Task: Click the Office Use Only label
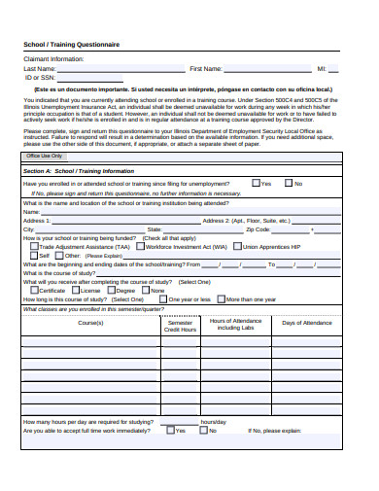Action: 45,156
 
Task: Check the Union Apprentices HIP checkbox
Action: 237,247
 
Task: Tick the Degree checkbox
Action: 111,290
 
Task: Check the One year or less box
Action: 162,298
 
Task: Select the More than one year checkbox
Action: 220,298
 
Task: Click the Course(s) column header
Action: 90,323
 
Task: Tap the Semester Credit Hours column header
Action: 181,326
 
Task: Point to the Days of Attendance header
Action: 306,323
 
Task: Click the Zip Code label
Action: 258,229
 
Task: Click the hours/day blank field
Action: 181,422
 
